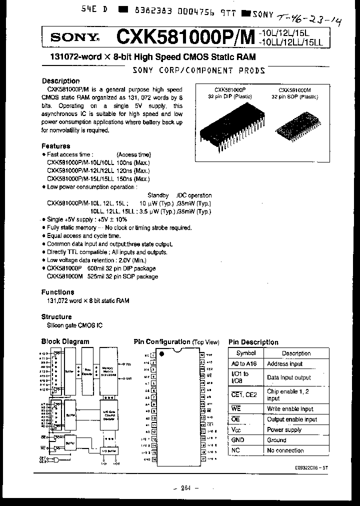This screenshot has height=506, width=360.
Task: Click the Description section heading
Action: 60,81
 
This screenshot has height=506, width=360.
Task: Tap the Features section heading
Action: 56,146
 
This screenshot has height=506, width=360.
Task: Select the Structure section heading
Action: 56,316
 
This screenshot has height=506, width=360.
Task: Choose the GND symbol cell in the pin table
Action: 237,440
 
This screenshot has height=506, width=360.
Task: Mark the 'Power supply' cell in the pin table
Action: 285,429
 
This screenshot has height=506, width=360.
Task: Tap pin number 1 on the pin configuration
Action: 153,355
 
